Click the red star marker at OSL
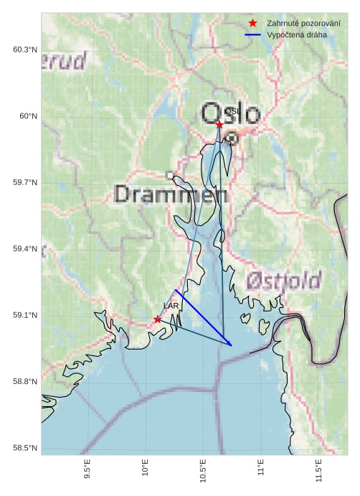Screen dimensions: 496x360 [x=219, y=124]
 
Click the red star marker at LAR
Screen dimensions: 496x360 [x=157, y=319]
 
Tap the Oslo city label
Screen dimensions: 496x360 [x=230, y=114]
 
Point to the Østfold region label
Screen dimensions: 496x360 [x=284, y=280]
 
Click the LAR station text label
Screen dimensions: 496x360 [x=171, y=306]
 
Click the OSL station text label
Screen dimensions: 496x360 [x=232, y=111]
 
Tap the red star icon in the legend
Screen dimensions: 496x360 [x=252, y=23]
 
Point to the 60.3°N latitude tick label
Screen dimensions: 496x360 [x=24, y=50]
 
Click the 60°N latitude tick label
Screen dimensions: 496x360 [x=27, y=116]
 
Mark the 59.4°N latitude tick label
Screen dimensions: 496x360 [x=24, y=249]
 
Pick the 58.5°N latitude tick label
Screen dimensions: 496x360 [x=24, y=449]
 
